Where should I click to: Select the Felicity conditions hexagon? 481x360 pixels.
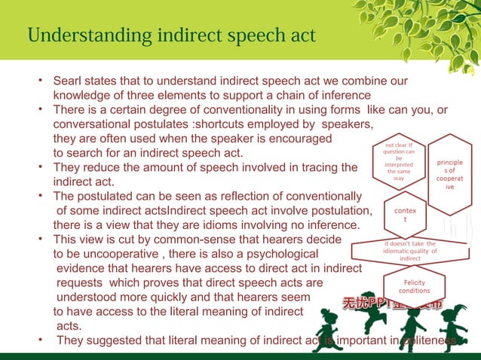(x=414, y=286)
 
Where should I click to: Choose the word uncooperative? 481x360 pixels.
(x=129, y=254)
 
